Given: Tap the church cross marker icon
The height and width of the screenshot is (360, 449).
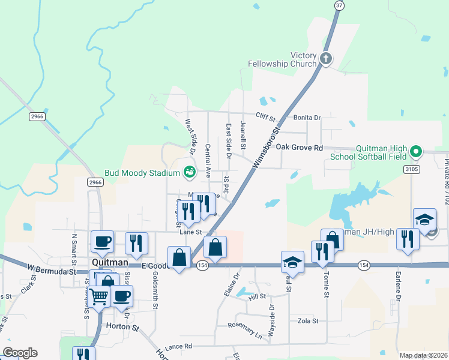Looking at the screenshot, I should pos(325,59).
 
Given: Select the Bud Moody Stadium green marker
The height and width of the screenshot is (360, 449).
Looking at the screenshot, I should pos(190,173).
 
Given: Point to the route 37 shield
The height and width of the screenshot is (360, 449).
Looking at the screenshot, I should pos(339,5).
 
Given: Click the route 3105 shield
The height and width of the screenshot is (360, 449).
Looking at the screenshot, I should pos(411,169).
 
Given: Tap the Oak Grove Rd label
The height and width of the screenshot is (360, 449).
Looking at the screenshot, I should pos(300,147).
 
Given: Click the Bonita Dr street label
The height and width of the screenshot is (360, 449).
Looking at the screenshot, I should pos(307,118).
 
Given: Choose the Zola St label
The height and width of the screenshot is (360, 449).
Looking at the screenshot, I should pos(308,321).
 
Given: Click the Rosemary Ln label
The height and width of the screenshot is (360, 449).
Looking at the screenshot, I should pos(245,329).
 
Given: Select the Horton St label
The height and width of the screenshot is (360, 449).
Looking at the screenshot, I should pos(122,328).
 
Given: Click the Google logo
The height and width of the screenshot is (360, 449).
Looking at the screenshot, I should pos(20,353).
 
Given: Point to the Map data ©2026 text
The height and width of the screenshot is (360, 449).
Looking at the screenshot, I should pos(423,355).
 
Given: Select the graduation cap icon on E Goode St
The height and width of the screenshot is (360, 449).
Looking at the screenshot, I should pos(292,262).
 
